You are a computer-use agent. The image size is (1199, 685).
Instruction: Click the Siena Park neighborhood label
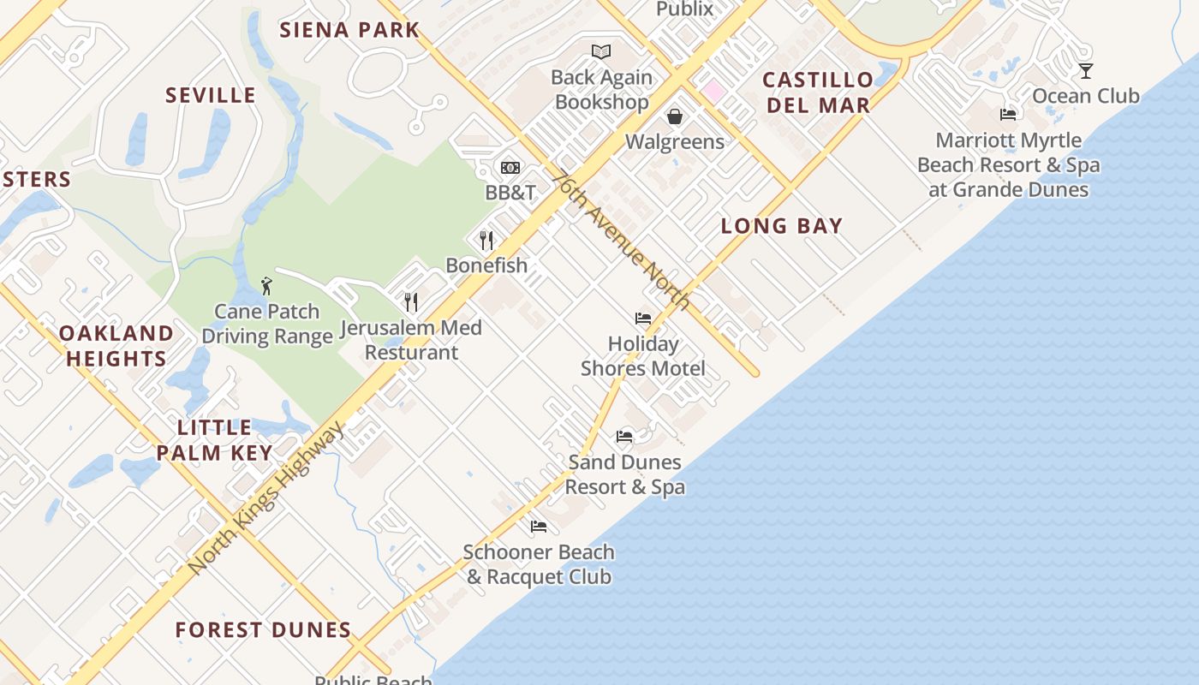click(x=349, y=30)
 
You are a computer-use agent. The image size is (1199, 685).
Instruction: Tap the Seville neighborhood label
click(x=211, y=95)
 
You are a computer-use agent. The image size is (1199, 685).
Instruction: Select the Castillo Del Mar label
click(x=818, y=92)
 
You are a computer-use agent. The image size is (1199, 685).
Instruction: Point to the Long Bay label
click(x=781, y=226)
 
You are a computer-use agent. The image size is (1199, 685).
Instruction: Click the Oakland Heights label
click(x=116, y=346)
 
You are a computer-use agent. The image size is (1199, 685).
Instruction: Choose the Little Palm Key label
click(x=214, y=440)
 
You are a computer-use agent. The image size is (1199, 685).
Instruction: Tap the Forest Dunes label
click(x=263, y=630)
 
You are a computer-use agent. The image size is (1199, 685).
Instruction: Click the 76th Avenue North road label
click(x=620, y=241)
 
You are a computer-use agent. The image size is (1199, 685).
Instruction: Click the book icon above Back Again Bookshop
click(x=601, y=52)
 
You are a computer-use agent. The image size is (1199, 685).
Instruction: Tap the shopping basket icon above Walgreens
click(x=675, y=116)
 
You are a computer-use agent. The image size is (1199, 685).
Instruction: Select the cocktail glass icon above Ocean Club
click(x=1086, y=71)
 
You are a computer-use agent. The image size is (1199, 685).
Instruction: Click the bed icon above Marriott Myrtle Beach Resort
click(x=1008, y=115)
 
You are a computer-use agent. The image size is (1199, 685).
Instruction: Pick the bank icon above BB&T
click(x=510, y=168)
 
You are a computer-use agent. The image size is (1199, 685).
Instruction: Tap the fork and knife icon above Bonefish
click(x=486, y=240)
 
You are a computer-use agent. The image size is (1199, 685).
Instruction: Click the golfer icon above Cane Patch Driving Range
click(x=266, y=286)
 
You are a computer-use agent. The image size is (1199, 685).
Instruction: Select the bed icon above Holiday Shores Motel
click(x=643, y=319)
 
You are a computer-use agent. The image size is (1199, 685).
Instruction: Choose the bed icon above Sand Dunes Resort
click(x=624, y=437)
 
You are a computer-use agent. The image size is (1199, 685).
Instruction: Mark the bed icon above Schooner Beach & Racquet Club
click(x=539, y=527)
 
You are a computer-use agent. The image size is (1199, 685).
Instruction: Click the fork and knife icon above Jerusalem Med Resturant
click(x=411, y=301)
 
